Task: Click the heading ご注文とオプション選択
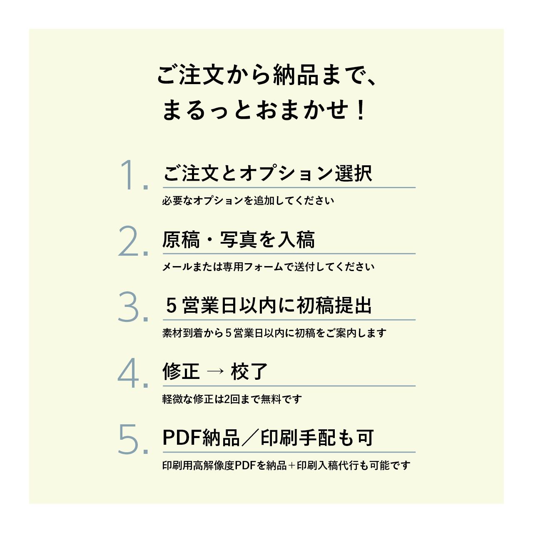pos(267,174)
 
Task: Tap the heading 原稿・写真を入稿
pos(238,240)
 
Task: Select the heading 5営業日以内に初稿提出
pos(269,306)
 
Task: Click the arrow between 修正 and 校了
pos(215,371)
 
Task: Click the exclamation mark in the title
pos(361,111)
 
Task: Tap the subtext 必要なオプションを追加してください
pos(248,201)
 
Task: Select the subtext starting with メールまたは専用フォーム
pos(268,267)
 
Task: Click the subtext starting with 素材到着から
pos(274,333)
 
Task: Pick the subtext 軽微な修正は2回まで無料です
pos(232,399)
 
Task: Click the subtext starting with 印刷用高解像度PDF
pos(286,466)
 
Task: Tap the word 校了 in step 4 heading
pos(249,371)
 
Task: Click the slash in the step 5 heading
pos(250,438)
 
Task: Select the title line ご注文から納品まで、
pos(266,76)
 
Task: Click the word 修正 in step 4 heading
pos(181,371)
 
